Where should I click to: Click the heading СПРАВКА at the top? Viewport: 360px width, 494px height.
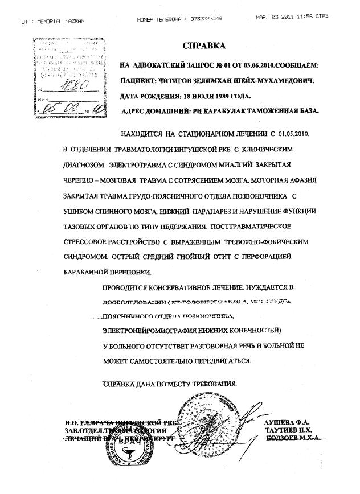coord(203,45)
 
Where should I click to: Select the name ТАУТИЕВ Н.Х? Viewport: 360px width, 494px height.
coord(288,431)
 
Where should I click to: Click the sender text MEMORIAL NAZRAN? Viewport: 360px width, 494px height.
coord(60,20)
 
